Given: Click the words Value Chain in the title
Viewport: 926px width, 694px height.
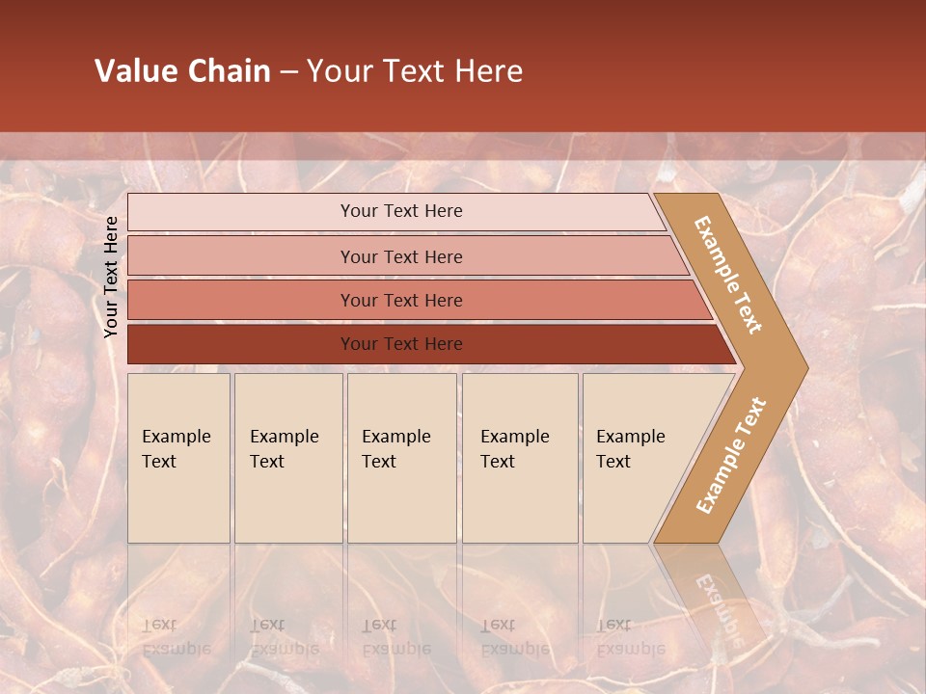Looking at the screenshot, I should tap(182, 71).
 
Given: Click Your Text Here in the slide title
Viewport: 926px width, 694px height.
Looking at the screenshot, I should tap(415, 71).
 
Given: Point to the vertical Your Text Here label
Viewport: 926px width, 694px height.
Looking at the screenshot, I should tap(111, 277).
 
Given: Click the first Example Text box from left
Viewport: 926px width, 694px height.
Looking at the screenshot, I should tap(178, 458).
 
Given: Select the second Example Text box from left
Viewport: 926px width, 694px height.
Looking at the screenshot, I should tap(288, 458).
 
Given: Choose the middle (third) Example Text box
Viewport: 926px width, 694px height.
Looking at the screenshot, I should tap(401, 458).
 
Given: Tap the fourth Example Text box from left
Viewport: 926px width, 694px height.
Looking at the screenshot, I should tap(520, 458).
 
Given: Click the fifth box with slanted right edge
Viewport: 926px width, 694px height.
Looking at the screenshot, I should tap(637, 458).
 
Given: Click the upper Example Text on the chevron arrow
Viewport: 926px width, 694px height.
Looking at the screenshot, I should tap(728, 275).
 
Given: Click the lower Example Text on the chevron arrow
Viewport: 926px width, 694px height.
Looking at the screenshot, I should tap(731, 455).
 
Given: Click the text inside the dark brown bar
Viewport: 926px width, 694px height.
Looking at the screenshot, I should tap(401, 344).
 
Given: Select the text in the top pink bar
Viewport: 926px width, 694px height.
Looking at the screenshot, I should tap(401, 211).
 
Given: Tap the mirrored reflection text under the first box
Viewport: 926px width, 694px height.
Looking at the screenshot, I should tap(176, 637).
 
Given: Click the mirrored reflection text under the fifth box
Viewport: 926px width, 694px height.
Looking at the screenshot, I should tap(630, 637).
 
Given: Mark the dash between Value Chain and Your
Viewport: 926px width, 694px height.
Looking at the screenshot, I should tap(288, 72).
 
